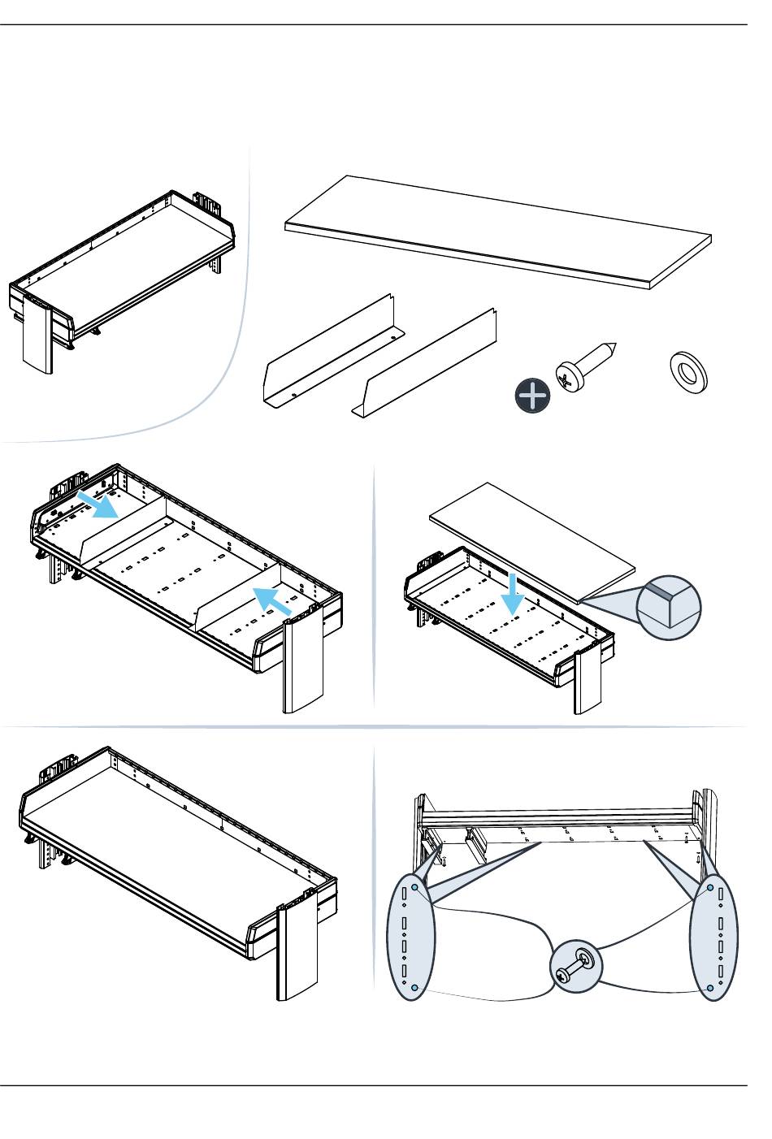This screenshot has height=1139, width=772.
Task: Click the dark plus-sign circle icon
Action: (x=532, y=396)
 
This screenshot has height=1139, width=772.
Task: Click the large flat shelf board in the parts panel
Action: (x=497, y=232)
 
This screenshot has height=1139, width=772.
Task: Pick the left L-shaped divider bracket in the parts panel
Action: (x=329, y=356)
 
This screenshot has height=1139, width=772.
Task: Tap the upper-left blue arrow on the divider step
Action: (x=98, y=503)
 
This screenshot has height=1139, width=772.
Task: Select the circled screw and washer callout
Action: (x=576, y=968)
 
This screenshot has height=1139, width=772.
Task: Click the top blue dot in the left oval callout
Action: (x=415, y=888)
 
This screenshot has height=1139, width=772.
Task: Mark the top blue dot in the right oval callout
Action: (x=709, y=888)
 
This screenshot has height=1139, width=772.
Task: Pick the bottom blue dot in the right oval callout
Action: (x=709, y=988)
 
